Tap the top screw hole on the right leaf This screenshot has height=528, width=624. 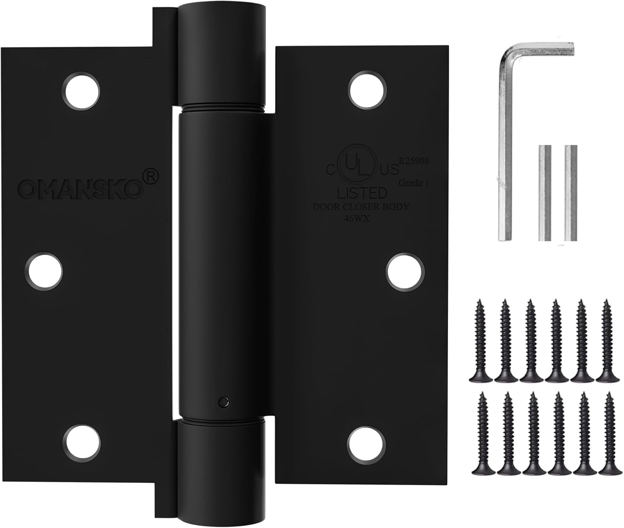pos(368,90)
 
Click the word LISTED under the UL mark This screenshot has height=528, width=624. pos(362,193)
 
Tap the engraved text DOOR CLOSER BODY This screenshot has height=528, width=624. pos(362,207)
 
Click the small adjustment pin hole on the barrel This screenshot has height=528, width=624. pos(224,402)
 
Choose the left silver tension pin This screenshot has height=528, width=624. pos(545,193)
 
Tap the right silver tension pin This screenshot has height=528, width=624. pos(571,193)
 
